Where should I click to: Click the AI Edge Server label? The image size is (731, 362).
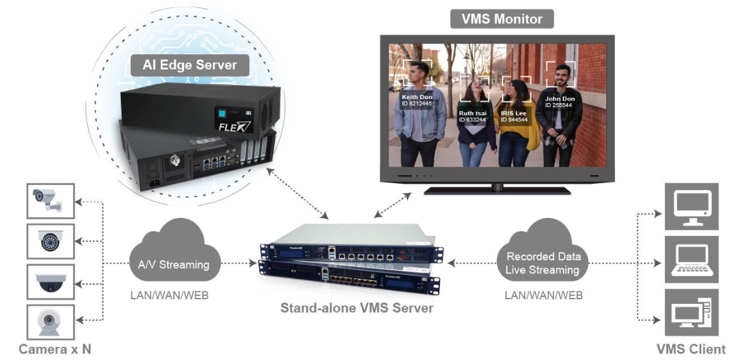[x=189, y=65]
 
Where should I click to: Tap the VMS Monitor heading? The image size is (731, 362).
[x=501, y=18]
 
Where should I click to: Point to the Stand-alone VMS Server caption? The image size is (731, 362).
[x=356, y=307]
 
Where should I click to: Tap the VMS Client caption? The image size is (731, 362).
[x=691, y=349]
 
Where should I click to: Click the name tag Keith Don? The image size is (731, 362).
[x=417, y=100]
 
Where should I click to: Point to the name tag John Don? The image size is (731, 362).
[x=559, y=102]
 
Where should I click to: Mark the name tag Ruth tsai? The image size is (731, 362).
[x=472, y=116]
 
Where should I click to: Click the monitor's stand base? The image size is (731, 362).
[x=497, y=190]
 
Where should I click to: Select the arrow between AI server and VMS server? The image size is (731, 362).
[x=298, y=193]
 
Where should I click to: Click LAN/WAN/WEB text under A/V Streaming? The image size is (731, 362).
[x=169, y=295]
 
